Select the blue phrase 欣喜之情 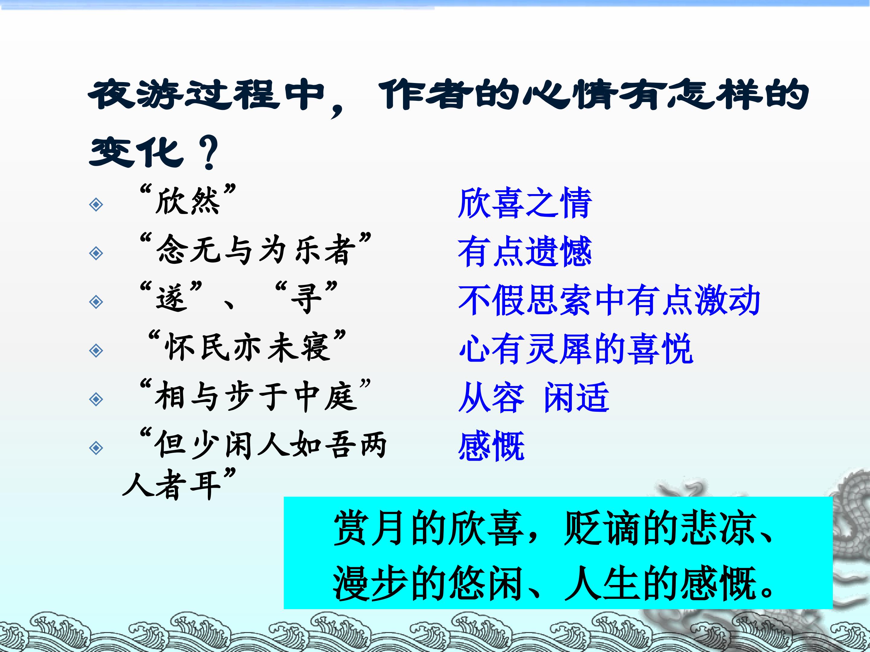pos(525,203)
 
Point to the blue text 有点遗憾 pos(525,251)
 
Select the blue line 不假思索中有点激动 pos(609,300)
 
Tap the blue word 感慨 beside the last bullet pos(491,446)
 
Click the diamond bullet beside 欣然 pos(96,204)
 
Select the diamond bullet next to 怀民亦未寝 pos(96,350)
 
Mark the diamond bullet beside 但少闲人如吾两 pos(96,448)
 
